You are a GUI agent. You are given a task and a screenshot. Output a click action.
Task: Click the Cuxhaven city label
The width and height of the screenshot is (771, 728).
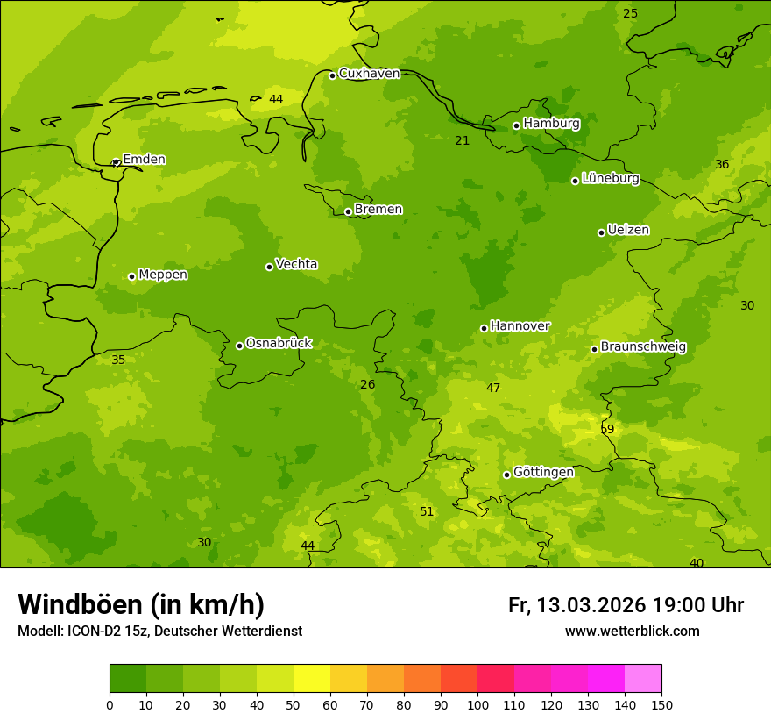pyautogui.click(x=369, y=74)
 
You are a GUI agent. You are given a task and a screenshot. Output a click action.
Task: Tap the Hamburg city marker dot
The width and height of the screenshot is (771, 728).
pyautogui.click(x=516, y=125)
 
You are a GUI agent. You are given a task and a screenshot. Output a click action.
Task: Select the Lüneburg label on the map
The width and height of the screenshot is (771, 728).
pyautogui.click(x=611, y=179)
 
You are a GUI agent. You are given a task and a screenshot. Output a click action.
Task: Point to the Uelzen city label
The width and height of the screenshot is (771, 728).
pyautogui.click(x=628, y=230)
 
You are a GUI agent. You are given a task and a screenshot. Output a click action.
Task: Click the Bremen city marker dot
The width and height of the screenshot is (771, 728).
pyautogui.click(x=348, y=211)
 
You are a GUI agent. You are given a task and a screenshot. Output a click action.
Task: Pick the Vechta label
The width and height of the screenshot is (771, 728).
pyautogui.click(x=296, y=264)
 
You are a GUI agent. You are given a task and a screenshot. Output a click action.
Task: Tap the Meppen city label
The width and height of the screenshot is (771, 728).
pyautogui.click(x=163, y=275)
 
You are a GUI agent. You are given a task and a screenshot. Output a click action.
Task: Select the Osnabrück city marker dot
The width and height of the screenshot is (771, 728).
pyautogui.click(x=239, y=346)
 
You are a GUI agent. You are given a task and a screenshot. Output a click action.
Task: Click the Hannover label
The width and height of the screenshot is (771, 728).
pyautogui.click(x=520, y=326)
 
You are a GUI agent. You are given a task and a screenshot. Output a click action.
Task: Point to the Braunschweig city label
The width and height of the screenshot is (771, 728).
pyautogui.click(x=643, y=347)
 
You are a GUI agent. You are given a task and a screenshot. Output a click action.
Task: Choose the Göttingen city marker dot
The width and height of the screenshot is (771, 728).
pyautogui.click(x=506, y=475)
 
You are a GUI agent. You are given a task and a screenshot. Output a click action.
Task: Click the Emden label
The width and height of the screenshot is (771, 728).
pyautogui.click(x=144, y=160)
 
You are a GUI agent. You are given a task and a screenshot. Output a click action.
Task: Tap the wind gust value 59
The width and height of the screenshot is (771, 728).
pyautogui.click(x=607, y=429)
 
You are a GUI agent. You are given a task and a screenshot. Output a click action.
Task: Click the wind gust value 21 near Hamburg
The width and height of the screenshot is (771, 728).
pyautogui.click(x=462, y=141)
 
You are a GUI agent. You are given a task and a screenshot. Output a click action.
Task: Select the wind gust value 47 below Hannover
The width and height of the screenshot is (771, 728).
pyautogui.click(x=493, y=388)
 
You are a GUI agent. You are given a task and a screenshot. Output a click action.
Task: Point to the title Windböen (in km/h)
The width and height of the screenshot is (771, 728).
pyautogui.click(x=141, y=604)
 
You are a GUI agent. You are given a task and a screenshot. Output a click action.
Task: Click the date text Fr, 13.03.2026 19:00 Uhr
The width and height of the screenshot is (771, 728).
pyautogui.click(x=626, y=605)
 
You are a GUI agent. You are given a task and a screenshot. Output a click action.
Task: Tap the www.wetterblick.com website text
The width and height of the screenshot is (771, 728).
pyautogui.click(x=632, y=632)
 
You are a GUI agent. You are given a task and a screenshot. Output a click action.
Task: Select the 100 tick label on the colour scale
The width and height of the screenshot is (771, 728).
pyautogui.click(x=477, y=704)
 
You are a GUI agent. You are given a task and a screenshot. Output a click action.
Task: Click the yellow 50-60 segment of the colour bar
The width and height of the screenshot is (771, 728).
pyautogui.click(x=312, y=679)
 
